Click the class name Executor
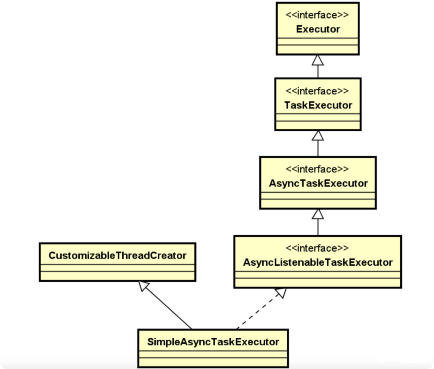coord(318,29)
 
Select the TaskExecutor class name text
coord(318,105)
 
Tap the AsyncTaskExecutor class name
coord(318,183)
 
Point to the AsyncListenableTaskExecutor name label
coord(318,262)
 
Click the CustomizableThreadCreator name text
coord(117,256)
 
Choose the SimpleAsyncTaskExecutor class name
coord(213,342)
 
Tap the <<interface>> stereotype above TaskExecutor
coord(318,91)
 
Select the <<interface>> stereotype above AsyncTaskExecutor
coord(318,169)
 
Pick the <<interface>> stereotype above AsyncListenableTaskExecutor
coord(318,248)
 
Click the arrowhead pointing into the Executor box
coord(318,60)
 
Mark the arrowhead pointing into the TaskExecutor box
coord(318,135)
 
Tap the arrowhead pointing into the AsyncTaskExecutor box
coord(318,214)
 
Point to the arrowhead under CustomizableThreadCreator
coord(144,286)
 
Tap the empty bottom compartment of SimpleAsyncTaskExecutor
coord(213,361)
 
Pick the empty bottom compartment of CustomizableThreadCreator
coord(117,275)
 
